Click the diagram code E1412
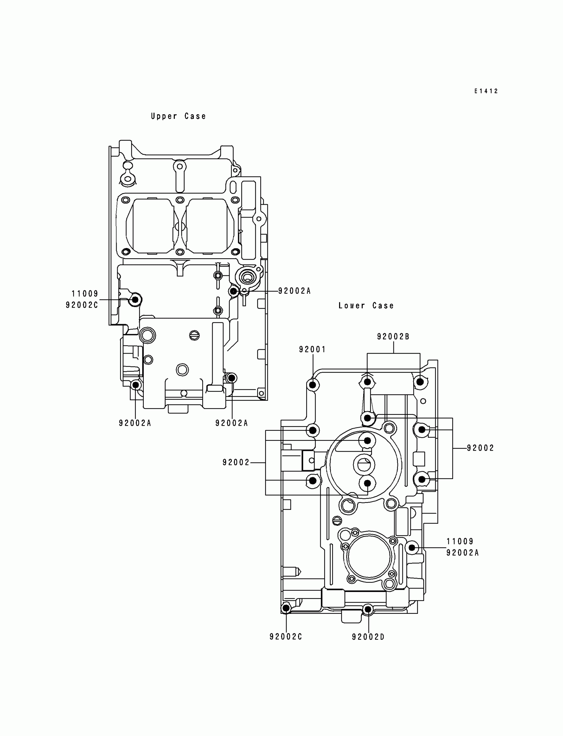[486, 91]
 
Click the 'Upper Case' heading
[178, 116]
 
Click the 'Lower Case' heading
[366, 306]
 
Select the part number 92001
[312, 349]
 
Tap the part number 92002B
[393, 337]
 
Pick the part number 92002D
[368, 637]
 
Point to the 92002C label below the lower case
[286, 636]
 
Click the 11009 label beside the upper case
[85, 294]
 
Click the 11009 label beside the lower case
[460, 541]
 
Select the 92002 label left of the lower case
[236, 463]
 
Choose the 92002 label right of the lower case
[481, 448]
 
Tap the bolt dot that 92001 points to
[312, 385]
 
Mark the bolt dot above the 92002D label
[368, 609]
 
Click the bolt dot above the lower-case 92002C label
[286, 607]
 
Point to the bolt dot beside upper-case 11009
[135, 300]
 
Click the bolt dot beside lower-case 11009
[412, 548]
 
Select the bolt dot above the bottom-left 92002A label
[135, 385]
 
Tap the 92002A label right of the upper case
[294, 291]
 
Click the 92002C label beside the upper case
[82, 305]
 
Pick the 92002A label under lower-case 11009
[462, 553]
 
